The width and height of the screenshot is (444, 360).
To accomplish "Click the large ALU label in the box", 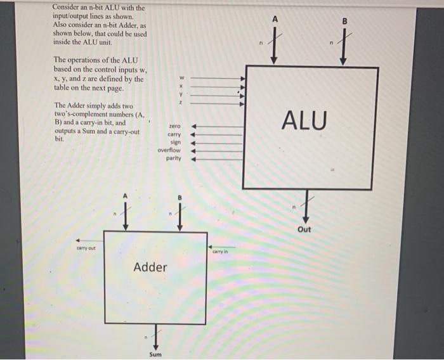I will point(304,120).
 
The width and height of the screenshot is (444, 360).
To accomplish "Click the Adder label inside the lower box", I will point(150,267).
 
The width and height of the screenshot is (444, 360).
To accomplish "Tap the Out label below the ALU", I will point(304,229).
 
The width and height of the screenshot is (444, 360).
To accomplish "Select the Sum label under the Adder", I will point(155,354).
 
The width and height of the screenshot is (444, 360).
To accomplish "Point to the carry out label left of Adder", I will point(86,248).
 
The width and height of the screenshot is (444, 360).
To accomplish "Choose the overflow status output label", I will point(169,150).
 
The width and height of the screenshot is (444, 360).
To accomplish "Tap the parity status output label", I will point(174,158).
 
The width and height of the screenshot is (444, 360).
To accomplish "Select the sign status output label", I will point(176,142).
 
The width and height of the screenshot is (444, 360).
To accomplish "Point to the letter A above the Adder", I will point(125,195).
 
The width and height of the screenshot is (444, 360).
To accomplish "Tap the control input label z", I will point(181,103).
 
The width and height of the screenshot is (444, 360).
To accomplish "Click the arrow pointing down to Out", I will point(307,204).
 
